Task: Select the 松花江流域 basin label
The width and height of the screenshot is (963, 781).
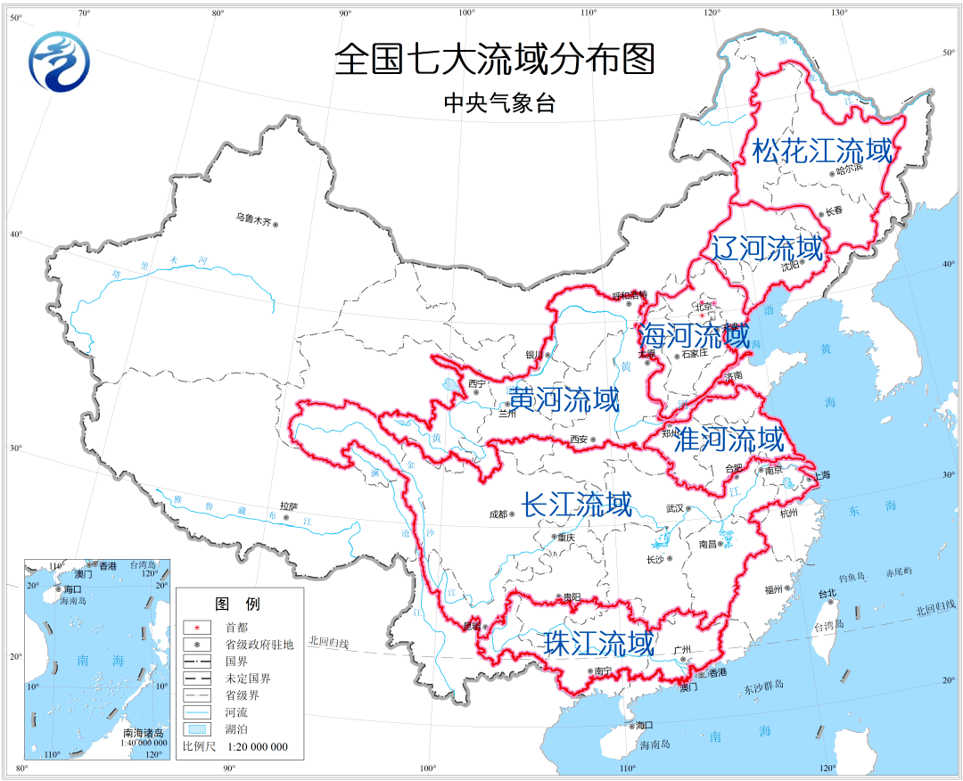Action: point(822,151)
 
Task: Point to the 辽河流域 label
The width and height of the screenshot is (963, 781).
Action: point(766,247)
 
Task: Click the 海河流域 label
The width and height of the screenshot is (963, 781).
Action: point(695,336)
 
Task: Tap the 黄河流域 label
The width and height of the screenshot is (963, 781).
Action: point(564,399)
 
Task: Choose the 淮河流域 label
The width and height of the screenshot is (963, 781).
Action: point(729,439)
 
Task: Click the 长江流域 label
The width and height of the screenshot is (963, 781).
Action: point(576,505)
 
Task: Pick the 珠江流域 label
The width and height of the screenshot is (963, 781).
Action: point(599,643)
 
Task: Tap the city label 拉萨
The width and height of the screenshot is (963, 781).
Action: point(287,506)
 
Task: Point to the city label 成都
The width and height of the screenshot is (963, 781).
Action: point(497,514)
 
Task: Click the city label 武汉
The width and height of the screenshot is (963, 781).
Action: point(674,508)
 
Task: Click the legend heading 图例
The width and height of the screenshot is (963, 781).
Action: point(238,604)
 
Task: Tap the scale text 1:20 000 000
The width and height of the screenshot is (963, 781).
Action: point(257,747)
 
